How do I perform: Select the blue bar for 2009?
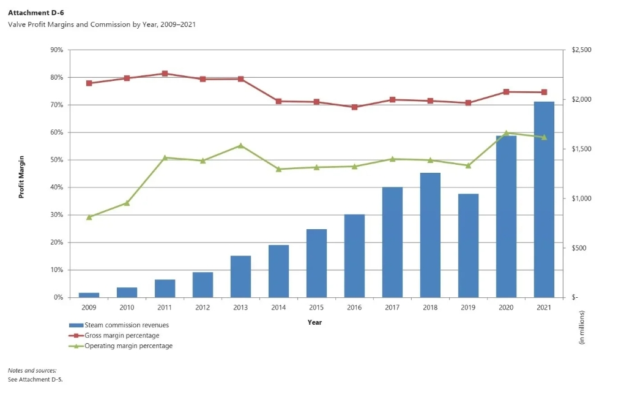[89, 295]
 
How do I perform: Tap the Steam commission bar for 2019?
[468, 245]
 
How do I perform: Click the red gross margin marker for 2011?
[165, 74]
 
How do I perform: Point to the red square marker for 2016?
[354, 107]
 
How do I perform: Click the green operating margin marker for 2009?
[89, 217]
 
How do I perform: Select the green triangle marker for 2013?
[240, 146]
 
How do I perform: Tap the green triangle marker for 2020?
[506, 133]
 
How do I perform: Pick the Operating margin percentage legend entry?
[124, 346]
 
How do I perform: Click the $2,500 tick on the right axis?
[581, 50]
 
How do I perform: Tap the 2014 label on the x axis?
[278, 306]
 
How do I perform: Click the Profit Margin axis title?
[21, 175]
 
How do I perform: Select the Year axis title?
[315, 322]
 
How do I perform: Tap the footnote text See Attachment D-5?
[35, 380]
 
